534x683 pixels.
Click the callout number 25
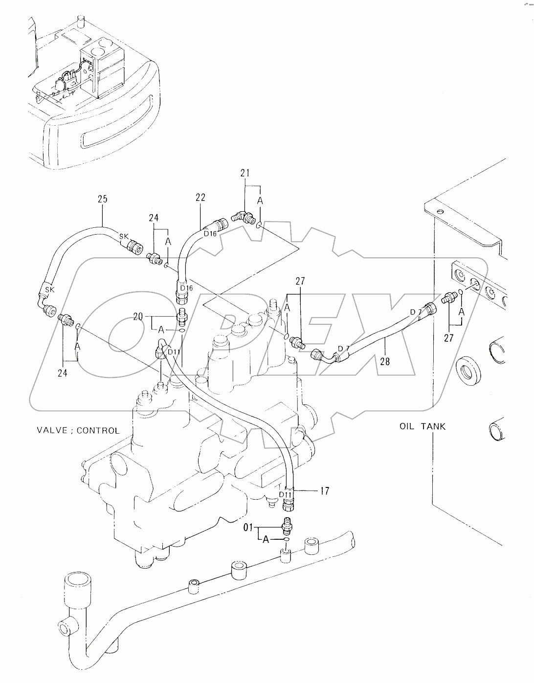103,199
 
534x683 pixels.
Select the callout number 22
200,198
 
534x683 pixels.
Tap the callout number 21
245,173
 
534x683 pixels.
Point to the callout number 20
138,316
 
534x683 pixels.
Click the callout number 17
325,491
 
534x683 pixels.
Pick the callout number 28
385,362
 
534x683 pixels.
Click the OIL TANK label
423,426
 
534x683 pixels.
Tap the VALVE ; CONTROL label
78,430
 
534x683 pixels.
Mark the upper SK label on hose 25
124,236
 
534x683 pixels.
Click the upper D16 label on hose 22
210,234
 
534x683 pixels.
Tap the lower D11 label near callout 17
285,494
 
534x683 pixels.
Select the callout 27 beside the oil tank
449,338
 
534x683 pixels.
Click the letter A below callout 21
260,201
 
